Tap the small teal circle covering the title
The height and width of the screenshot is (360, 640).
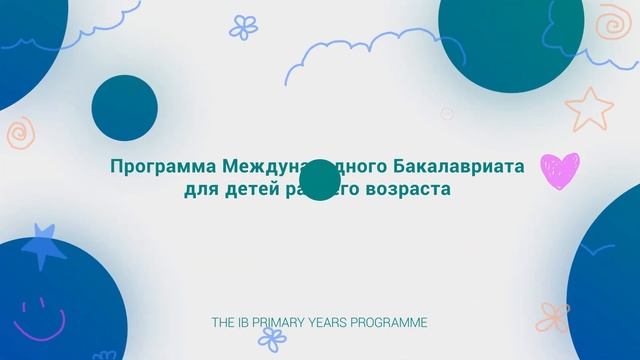(320, 180)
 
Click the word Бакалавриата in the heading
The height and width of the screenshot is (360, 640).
(467, 167)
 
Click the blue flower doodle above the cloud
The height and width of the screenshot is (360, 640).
(243, 26)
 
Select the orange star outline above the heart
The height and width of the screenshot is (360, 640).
(589, 108)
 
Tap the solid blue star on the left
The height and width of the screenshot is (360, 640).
(44, 244)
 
